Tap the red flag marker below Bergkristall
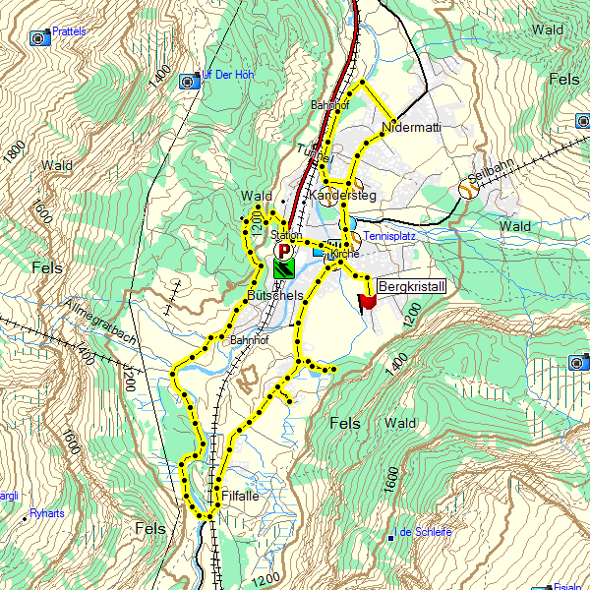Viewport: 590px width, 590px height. click(x=368, y=302)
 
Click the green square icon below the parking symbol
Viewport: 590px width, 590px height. click(x=285, y=266)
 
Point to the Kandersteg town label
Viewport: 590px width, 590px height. click(x=343, y=197)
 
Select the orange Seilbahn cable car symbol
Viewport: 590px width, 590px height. click(x=468, y=190)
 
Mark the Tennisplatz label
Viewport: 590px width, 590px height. click(x=390, y=237)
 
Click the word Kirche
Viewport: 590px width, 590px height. click(x=345, y=254)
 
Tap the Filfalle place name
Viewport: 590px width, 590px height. click(x=241, y=496)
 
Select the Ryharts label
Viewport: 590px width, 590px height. click(x=46, y=513)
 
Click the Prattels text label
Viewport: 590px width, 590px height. click(x=70, y=31)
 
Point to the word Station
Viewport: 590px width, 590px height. click(x=286, y=235)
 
